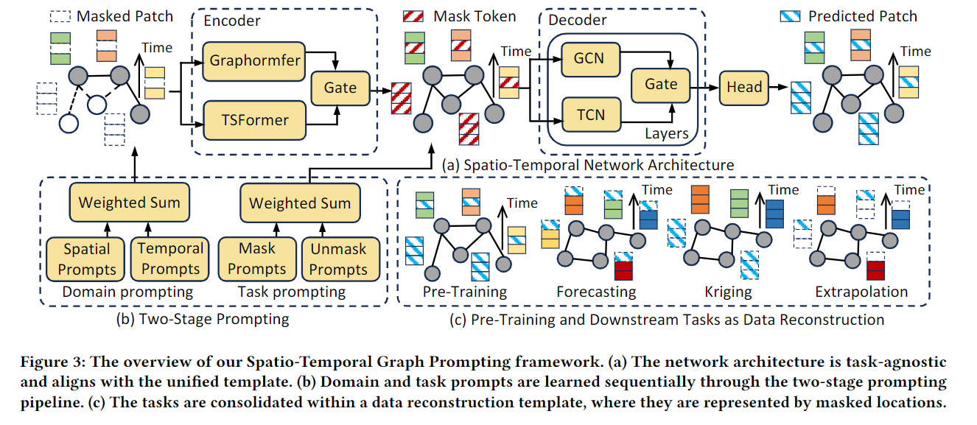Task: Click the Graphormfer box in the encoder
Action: pyautogui.click(x=256, y=60)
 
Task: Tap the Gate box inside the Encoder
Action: pyautogui.click(x=340, y=88)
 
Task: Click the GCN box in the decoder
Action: pyautogui.click(x=589, y=57)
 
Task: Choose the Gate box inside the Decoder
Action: pyautogui.click(x=661, y=84)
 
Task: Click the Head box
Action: pyautogui.click(x=744, y=87)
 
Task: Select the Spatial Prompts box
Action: pyautogui.click(x=86, y=259)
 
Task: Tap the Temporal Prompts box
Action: pyautogui.click(x=170, y=259)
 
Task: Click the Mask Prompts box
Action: pyautogui.click(x=256, y=259)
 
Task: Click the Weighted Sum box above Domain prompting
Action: pyautogui.click(x=129, y=203)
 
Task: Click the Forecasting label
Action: pyautogui.click(x=596, y=292)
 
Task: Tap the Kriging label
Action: pyautogui.click(x=727, y=292)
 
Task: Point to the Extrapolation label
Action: pyautogui.click(x=861, y=292)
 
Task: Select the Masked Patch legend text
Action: pyautogui.click(x=125, y=16)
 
